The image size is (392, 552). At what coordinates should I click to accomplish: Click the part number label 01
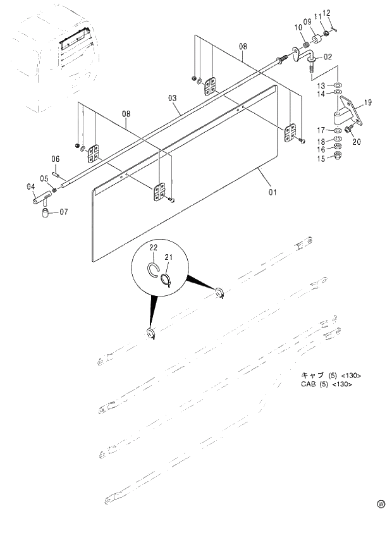coord(273,192)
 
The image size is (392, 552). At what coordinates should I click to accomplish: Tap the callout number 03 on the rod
coord(172,98)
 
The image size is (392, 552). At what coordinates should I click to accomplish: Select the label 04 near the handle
coord(30,187)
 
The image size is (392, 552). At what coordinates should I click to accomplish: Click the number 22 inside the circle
coord(153,247)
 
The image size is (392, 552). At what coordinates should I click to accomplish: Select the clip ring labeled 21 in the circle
coord(165,279)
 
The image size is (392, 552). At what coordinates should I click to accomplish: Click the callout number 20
coord(357,142)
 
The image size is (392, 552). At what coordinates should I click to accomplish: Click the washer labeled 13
coord(338,85)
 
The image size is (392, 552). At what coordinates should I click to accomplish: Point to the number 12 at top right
coord(326,13)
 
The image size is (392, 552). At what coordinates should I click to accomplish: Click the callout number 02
coord(328,57)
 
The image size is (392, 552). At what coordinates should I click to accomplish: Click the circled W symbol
coord(381,504)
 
